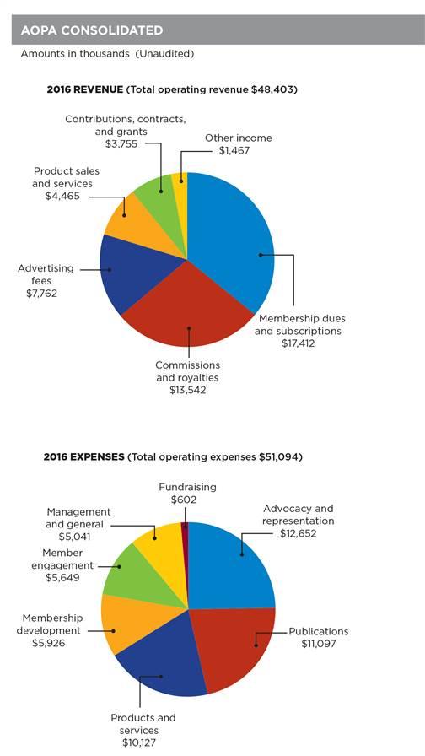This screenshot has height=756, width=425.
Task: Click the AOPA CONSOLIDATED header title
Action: pyautogui.click(x=88, y=30)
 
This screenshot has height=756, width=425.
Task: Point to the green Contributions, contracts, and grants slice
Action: pyautogui.click(x=156, y=192)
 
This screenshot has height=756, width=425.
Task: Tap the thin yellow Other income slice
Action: pyautogui.click(x=180, y=181)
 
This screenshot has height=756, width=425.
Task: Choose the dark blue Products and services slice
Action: pyautogui.click(x=160, y=667)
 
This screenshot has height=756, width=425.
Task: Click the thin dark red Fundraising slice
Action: pyautogui.click(x=185, y=527)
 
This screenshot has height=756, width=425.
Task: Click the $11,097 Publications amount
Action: pyautogui.click(x=319, y=644)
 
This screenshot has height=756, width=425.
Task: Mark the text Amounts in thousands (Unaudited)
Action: pyautogui.click(x=107, y=54)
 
